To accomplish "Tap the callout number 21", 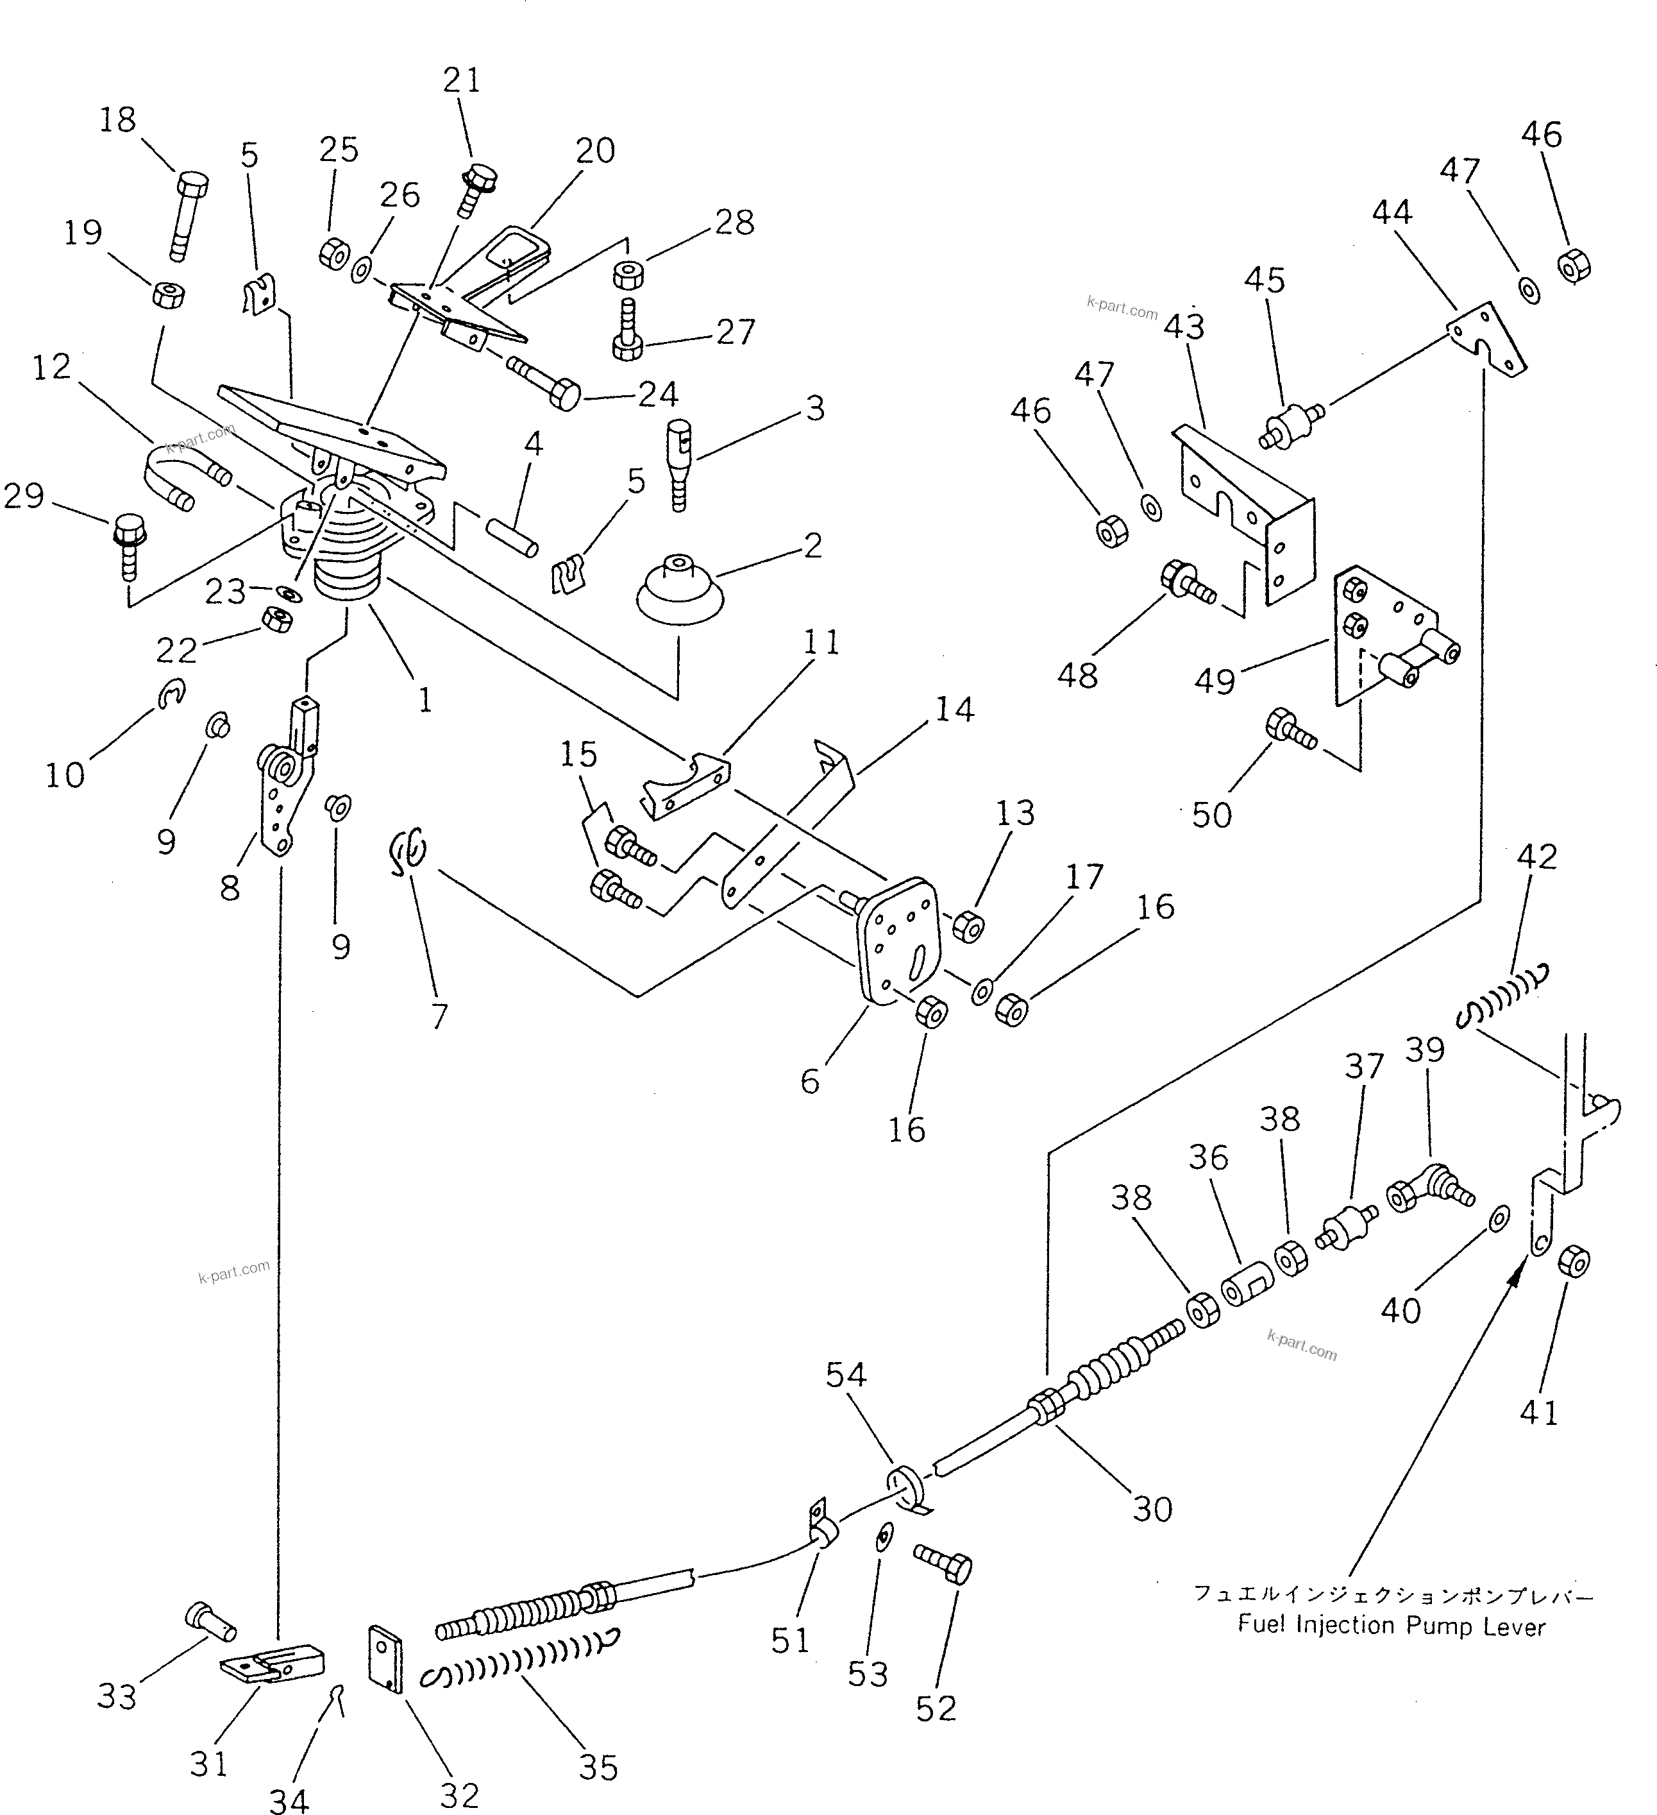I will (x=462, y=80).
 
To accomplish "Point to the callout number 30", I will (x=1153, y=1509).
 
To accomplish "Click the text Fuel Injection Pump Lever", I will (x=1391, y=1626).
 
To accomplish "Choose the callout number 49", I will (x=1215, y=681).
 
